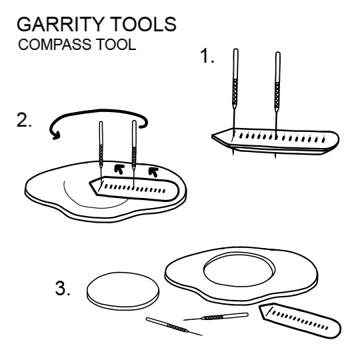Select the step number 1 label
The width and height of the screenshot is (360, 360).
click(207, 58)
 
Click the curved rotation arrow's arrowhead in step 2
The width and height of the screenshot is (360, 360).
click(55, 136)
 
